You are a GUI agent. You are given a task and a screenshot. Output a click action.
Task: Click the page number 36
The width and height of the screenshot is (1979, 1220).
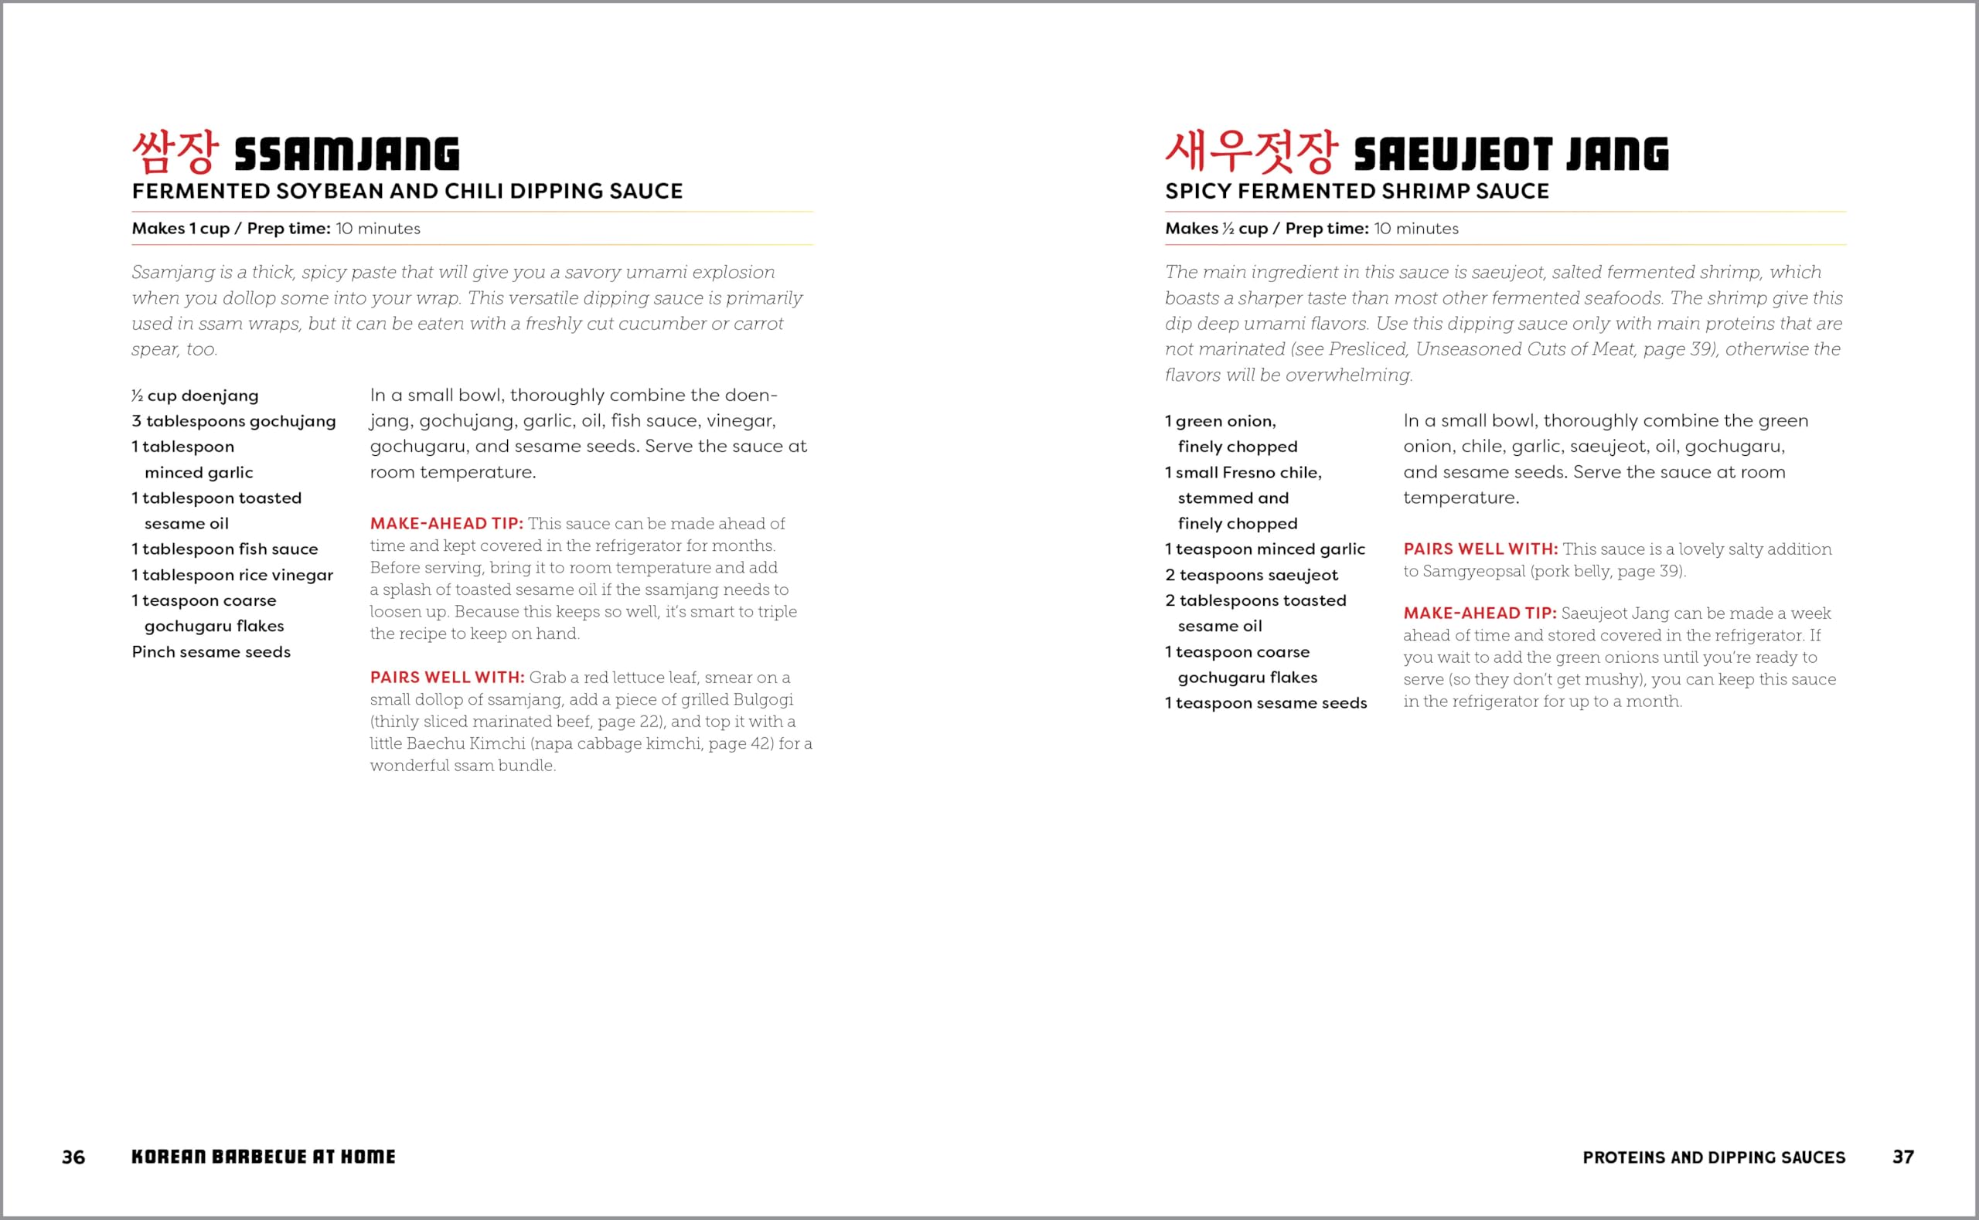[x=73, y=1157]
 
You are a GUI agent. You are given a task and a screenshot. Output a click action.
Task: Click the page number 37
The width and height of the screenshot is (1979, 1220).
[x=1902, y=1157]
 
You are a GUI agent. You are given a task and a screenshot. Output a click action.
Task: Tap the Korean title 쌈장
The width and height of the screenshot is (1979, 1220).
[x=175, y=152]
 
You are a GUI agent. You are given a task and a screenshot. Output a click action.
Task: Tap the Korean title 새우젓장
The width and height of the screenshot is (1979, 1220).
[x=1251, y=152]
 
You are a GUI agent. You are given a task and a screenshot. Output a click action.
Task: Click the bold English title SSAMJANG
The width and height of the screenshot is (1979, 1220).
[x=346, y=155]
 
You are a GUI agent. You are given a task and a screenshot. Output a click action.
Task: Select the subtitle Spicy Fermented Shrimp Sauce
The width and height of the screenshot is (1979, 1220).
[x=1357, y=192]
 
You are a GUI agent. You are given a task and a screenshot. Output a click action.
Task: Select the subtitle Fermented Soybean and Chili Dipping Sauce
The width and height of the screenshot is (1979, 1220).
[x=407, y=192]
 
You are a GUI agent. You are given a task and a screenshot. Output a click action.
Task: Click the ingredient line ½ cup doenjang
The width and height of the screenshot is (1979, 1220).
[x=196, y=396]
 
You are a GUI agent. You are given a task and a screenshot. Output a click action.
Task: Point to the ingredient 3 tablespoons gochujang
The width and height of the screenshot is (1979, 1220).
[x=233, y=421]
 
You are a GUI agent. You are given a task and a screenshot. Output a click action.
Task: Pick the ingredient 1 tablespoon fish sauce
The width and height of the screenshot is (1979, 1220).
[x=224, y=549]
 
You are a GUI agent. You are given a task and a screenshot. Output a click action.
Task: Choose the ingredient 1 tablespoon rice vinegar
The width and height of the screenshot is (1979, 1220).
[x=233, y=576]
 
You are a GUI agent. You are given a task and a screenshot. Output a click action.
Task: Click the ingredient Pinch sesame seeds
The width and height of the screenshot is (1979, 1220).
[x=210, y=652]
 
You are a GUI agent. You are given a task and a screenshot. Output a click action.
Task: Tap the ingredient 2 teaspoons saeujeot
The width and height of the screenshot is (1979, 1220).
[x=1251, y=576]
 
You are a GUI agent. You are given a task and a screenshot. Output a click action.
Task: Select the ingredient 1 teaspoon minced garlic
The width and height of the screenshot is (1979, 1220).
[x=1265, y=549]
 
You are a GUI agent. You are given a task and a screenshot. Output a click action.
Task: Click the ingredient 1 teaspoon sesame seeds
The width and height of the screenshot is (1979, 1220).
[x=1265, y=703]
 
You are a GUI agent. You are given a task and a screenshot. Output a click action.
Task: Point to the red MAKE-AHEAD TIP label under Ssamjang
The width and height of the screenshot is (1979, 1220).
[x=446, y=524]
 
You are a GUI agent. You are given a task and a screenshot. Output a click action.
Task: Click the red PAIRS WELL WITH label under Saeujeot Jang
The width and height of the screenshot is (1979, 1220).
[x=1480, y=549]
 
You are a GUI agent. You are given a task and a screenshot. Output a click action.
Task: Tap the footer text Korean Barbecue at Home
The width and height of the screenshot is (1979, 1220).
[x=263, y=1157]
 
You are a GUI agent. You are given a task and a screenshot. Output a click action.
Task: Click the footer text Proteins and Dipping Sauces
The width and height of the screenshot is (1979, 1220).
[x=1714, y=1158]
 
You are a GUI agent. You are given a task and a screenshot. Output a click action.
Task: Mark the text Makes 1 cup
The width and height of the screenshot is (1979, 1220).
[x=181, y=229]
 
